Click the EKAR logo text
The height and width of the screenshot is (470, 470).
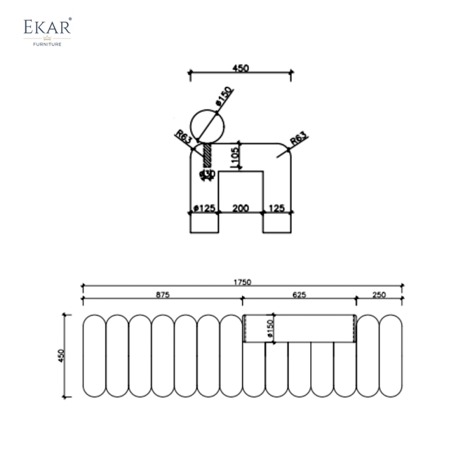[x=48, y=28]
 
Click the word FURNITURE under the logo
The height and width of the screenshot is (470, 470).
[x=48, y=43]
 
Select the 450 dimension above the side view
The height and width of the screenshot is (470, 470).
[x=241, y=68]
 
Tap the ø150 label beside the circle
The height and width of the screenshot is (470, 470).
[x=224, y=96]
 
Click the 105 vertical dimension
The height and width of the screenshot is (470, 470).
[x=234, y=156]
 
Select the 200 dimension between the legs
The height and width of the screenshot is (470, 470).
[x=240, y=208]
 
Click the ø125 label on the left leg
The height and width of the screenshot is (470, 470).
[x=204, y=208]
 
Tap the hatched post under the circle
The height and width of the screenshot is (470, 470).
[x=207, y=156]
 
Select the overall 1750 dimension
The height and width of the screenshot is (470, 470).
[x=241, y=282]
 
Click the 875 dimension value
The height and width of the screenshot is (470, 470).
[x=163, y=295]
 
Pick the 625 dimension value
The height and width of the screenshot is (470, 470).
[x=299, y=295]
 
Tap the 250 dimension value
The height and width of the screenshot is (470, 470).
[x=379, y=295]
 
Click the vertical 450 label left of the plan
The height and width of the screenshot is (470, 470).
[x=61, y=355]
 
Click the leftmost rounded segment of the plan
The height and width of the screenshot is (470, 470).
[x=94, y=355]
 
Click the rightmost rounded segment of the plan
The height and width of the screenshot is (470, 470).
[x=391, y=355]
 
